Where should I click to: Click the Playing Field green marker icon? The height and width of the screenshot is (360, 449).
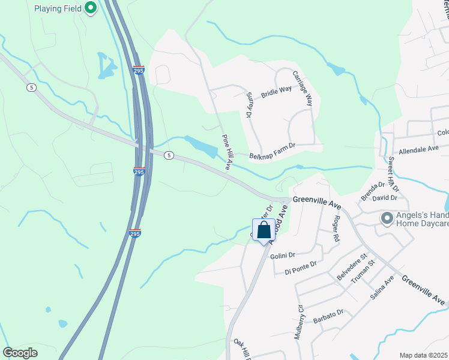pyautogui.click(x=91, y=8)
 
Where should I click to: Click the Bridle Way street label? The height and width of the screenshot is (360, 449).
pyautogui.click(x=276, y=92)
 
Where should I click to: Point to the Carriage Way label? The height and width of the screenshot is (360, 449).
pyautogui.click(x=304, y=88)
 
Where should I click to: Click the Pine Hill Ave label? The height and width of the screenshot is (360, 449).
pyautogui.click(x=226, y=151)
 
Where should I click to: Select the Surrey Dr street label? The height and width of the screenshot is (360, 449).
pyautogui.click(x=250, y=105)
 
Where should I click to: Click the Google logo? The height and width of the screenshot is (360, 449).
pyautogui.click(x=20, y=352)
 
